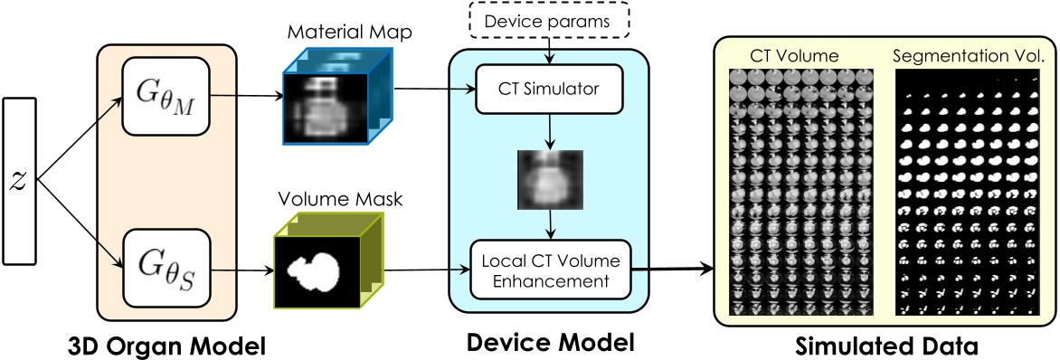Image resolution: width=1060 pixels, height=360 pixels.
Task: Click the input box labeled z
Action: pos(19,179)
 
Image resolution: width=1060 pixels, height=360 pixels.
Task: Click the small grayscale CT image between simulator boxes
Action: pos(547,179)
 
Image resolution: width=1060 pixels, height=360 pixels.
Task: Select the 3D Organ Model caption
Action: pos(167,345)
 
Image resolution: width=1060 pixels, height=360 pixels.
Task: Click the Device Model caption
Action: pos(550,343)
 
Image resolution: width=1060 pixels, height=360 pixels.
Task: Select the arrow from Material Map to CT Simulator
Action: pos(434,89)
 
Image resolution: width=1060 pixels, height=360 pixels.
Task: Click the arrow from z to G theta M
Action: pos(81,137)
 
